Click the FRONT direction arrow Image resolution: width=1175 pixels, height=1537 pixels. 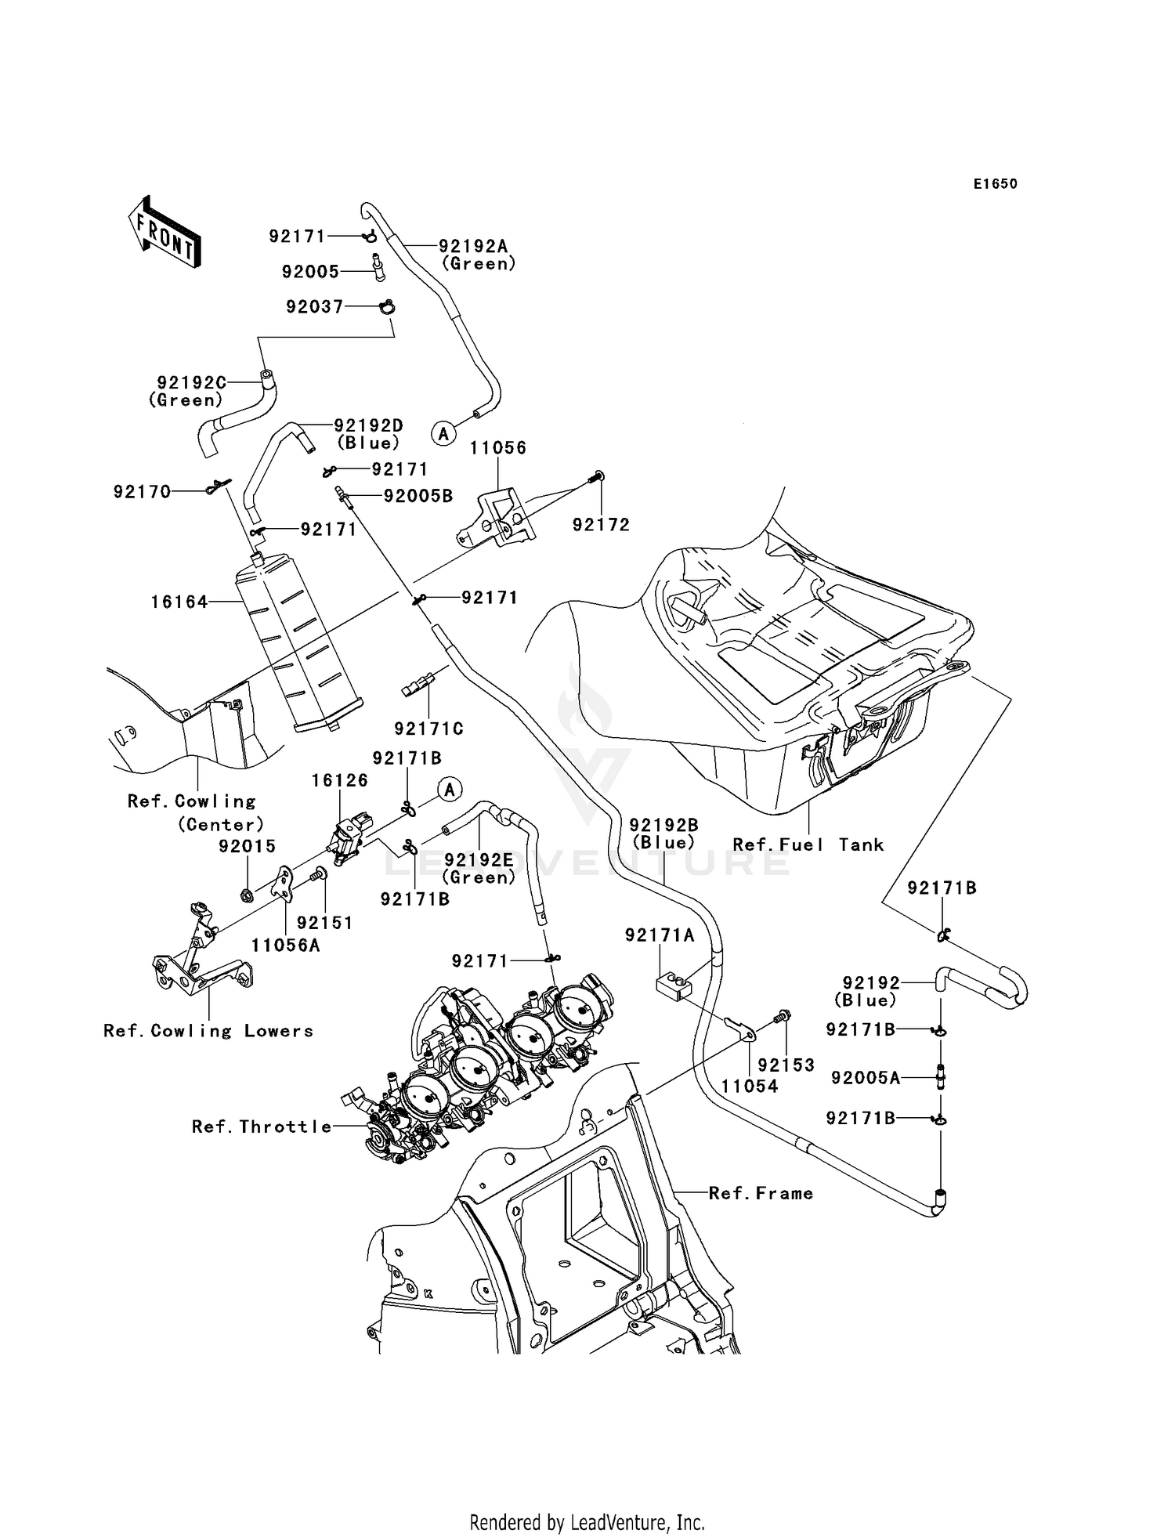click(x=164, y=233)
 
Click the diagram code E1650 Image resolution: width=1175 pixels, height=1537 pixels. click(x=995, y=184)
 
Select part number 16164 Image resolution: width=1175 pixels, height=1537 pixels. click(x=179, y=602)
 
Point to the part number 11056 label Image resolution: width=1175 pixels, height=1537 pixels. click(x=498, y=448)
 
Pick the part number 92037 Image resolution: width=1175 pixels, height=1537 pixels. click(x=314, y=307)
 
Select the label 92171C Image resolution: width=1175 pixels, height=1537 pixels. click(x=428, y=729)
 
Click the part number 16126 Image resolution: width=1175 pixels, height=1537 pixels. click(x=339, y=780)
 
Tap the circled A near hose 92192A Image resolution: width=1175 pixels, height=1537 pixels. click(x=444, y=432)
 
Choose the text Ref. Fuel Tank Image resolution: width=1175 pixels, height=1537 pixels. click(x=808, y=844)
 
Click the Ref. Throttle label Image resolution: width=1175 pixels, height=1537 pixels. click(x=262, y=1127)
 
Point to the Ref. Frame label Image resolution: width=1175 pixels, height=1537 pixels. click(x=761, y=1193)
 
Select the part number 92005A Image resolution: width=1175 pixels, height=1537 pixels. click(x=866, y=1078)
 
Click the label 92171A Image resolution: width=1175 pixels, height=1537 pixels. click(x=660, y=935)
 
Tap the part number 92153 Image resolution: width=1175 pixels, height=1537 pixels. click(x=786, y=1065)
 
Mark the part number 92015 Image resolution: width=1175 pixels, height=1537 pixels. click(x=247, y=846)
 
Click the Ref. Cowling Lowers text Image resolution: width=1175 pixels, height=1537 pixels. click(x=208, y=1031)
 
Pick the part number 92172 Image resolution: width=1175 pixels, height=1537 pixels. click(x=601, y=525)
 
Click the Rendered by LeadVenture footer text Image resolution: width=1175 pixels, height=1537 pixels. click(x=587, y=1522)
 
